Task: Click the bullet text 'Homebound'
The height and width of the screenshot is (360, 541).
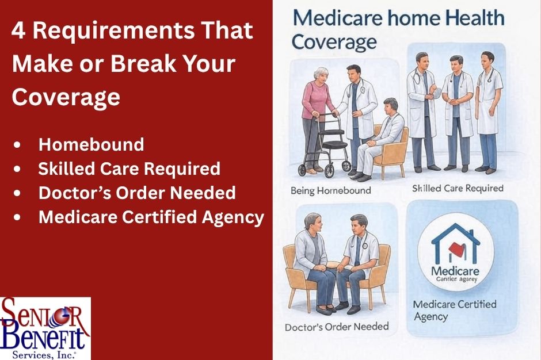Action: (x=91, y=144)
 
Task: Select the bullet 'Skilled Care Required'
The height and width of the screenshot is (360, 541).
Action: (x=129, y=168)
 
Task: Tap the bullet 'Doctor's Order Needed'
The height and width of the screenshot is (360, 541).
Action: (x=137, y=193)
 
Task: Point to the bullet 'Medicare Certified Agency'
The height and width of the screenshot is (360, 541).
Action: (x=151, y=217)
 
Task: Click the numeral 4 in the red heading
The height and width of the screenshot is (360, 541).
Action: (x=18, y=30)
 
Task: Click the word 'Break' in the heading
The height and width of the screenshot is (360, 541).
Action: (x=144, y=63)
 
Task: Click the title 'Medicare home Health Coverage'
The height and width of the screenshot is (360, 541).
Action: (x=397, y=29)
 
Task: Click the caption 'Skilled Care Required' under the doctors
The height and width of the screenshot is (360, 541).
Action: (x=458, y=188)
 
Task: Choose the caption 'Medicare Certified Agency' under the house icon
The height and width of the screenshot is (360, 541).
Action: (x=454, y=310)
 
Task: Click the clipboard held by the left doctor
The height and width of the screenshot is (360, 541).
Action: (x=436, y=91)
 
